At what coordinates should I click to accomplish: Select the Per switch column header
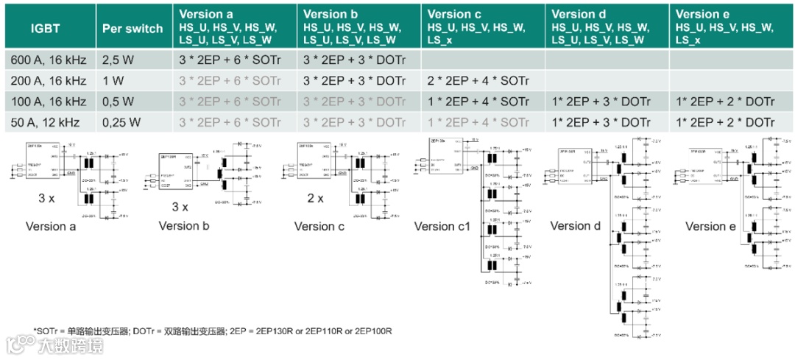tap(132, 28)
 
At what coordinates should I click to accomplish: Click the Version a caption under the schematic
tap(51, 226)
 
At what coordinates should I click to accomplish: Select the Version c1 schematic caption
tap(442, 226)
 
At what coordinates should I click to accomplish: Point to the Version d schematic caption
tap(576, 226)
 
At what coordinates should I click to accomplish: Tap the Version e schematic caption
tap(710, 226)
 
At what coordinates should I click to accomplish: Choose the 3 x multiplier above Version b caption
tap(180, 208)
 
